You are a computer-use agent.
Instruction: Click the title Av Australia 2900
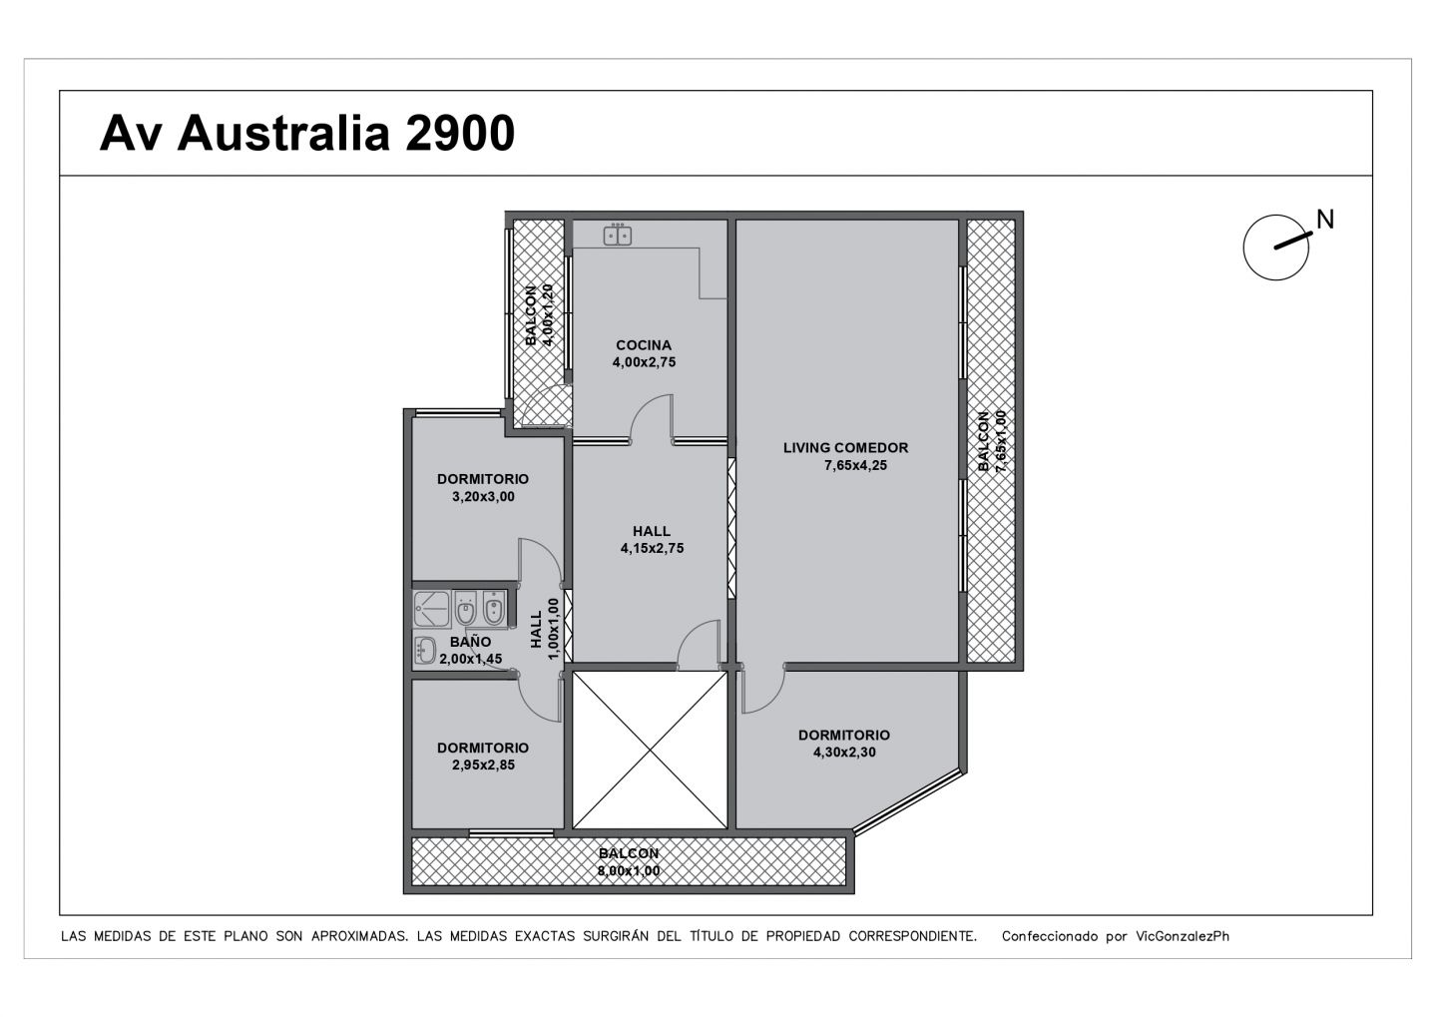(306, 134)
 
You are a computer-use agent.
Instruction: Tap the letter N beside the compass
(1325, 220)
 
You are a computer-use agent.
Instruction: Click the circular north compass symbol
(1275, 248)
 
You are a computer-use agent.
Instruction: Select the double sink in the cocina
(617, 236)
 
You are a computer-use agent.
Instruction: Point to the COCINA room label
(644, 345)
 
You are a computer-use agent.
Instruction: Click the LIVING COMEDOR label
(845, 448)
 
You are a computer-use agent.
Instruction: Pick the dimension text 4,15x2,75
(652, 548)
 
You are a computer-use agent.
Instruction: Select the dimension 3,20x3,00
(483, 497)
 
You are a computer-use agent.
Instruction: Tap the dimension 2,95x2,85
(483, 764)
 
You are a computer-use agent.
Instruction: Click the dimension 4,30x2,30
(844, 752)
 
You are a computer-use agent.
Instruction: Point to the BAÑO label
(470, 642)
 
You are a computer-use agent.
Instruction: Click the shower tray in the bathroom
(432, 609)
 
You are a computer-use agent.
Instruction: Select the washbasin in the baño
(425, 651)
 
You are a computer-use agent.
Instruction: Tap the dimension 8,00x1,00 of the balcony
(629, 870)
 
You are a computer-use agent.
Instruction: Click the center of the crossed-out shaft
(650, 751)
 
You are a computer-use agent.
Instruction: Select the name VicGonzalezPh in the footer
(1183, 936)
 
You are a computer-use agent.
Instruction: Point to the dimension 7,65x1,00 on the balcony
(1001, 441)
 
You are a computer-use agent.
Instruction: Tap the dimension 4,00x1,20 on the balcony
(548, 315)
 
